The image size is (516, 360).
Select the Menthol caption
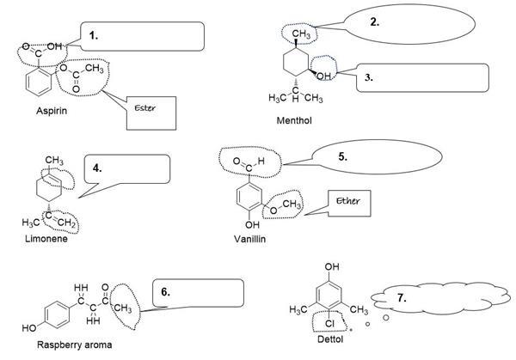[x=294, y=121]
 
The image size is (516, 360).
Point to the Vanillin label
[x=251, y=238]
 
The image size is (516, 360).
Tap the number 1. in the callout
[x=95, y=35]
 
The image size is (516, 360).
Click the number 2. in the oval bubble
[x=374, y=22]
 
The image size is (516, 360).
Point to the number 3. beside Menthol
[x=369, y=76]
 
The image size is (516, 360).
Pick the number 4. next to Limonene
[x=97, y=168]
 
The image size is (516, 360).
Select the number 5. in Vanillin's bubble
[x=341, y=157]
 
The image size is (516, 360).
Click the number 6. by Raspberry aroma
[x=166, y=292]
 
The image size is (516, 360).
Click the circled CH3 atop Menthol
[x=300, y=34]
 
